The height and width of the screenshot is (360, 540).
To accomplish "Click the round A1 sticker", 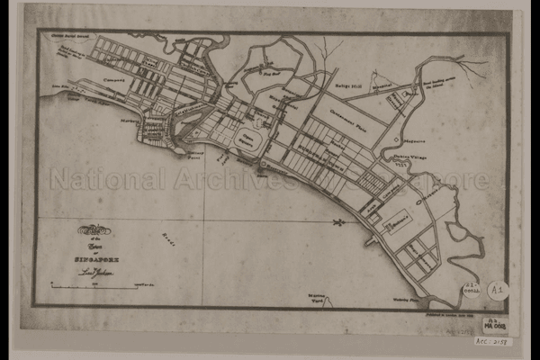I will [x=497, y=290].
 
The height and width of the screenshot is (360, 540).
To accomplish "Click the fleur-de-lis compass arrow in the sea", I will [x=340, y=221].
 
